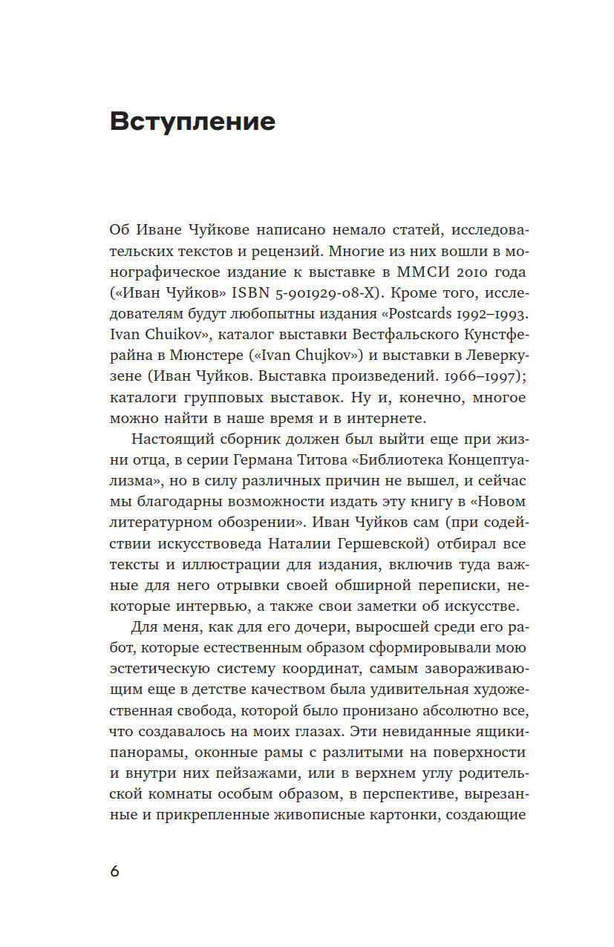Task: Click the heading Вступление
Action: click(x=192, y=121)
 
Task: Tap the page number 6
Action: click(x=114, y=871)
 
